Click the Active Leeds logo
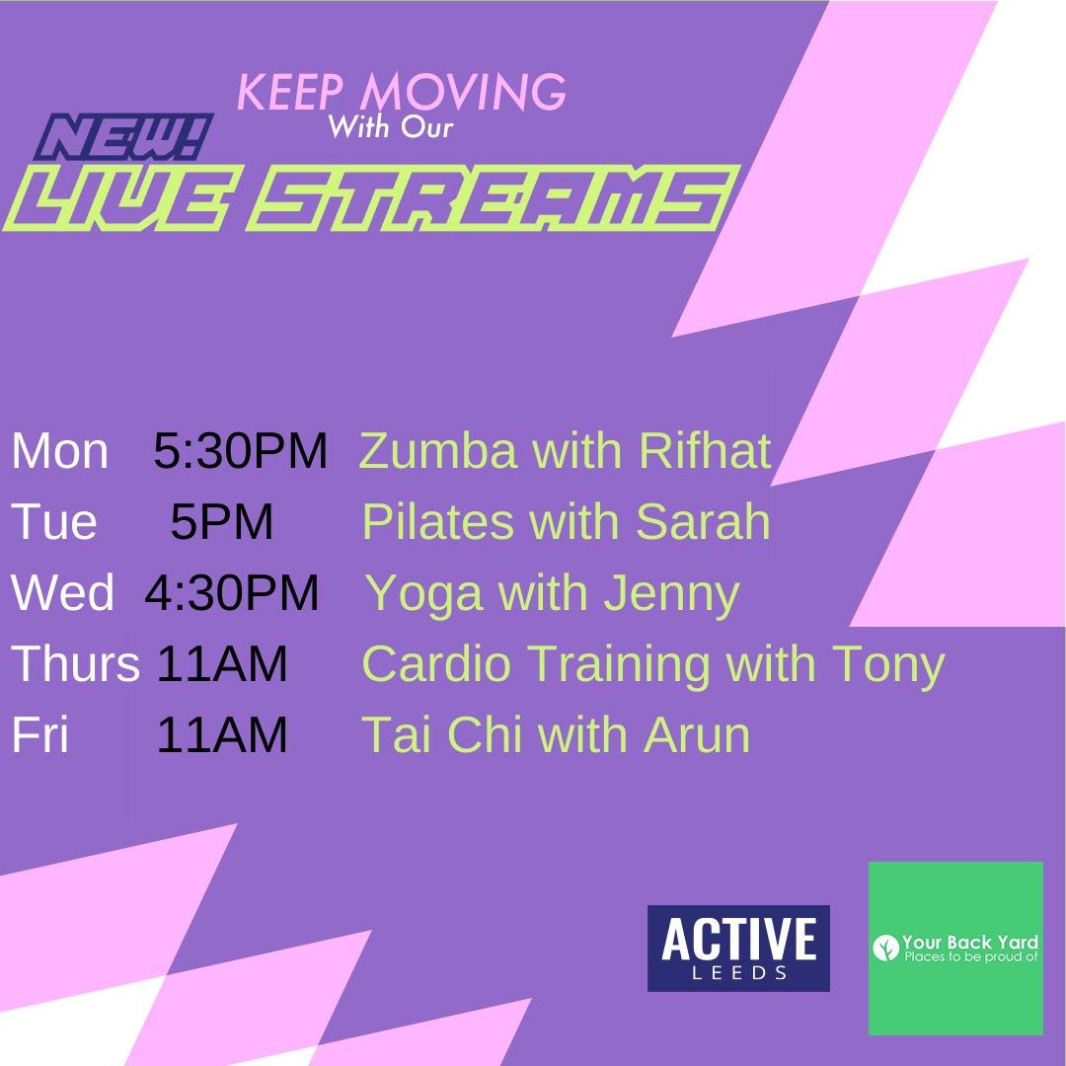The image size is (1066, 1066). click(738, 948)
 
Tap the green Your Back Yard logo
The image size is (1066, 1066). click(955, 948)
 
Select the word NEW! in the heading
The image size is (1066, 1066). click(123, 136)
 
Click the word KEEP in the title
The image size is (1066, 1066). click(290, 93)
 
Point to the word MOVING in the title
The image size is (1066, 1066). click(463, 91)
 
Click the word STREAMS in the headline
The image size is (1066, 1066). click(493, 197)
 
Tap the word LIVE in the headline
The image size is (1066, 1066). click(123, 197)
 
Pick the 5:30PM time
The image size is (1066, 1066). click(241, 451)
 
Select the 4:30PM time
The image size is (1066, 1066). click(232, 592)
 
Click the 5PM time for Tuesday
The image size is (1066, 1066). click(222, 521)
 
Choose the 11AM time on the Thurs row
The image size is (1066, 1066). click(222, 663)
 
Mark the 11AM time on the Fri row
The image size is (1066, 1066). click(222, 734)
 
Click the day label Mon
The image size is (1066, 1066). click(60, 451)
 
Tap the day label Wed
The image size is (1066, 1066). click(62, 592)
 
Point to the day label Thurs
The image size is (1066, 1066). click(75, 663)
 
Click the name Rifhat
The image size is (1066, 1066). click(705, 450)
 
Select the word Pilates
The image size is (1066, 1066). click(438, 521)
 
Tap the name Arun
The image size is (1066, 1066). click(697, 734)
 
